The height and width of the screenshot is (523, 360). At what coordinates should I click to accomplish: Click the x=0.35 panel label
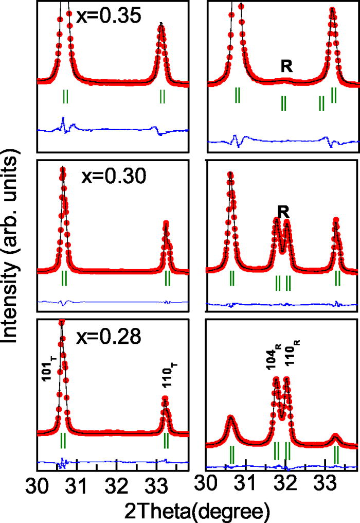(108, 16)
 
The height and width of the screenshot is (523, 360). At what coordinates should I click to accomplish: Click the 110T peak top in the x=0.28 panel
(165, 398)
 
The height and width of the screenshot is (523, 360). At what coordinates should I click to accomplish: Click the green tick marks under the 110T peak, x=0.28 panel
(166, 440)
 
